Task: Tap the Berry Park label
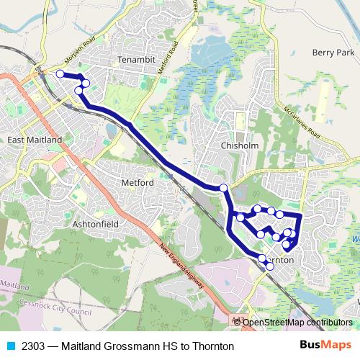click(333, 53)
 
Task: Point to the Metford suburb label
click(138, 183)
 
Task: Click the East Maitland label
click(34, 140)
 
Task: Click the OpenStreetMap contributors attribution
click(297, 322)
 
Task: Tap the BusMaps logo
click(330, 346)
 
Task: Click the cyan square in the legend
click(9, 346)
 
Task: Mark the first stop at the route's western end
click(60, 73)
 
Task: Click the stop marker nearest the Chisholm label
click(223, 188)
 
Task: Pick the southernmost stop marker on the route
click(270, 266)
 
